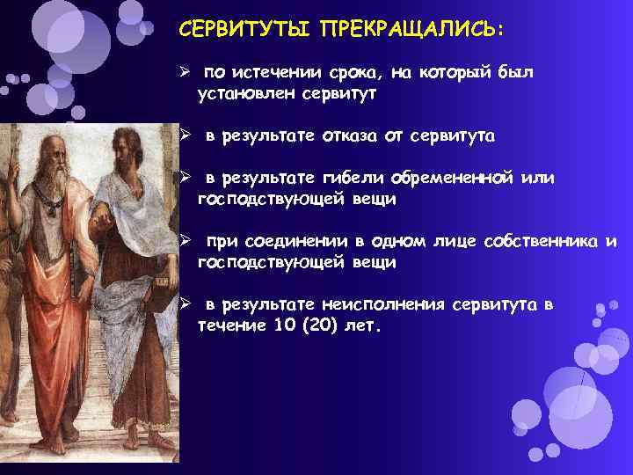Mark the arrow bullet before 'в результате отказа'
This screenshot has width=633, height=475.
click(x=186, y=136)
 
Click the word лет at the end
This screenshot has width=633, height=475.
click(x=366, y=326)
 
